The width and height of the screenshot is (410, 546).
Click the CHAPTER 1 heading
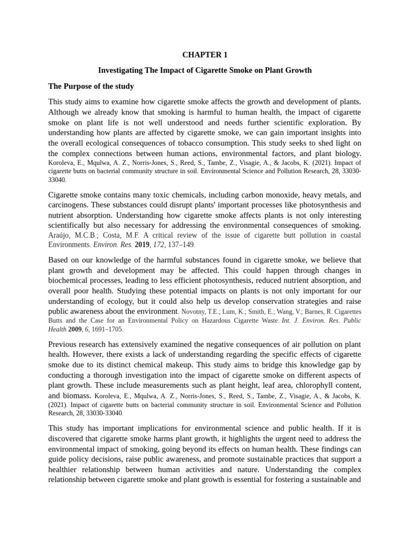[204, 55]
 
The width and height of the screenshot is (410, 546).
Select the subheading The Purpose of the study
[91, 86]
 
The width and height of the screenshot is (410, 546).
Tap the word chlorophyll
[298, 385]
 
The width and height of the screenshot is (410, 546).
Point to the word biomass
[76, 396]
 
